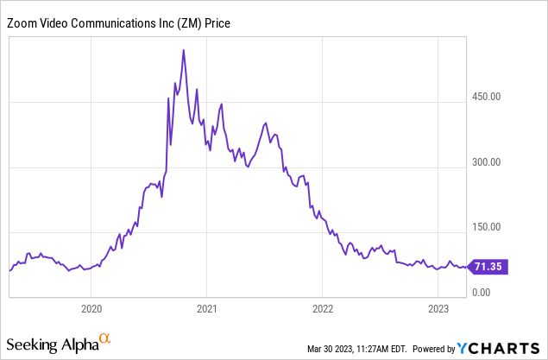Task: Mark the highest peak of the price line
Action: (184, 50)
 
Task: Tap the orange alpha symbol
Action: (105, 339)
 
